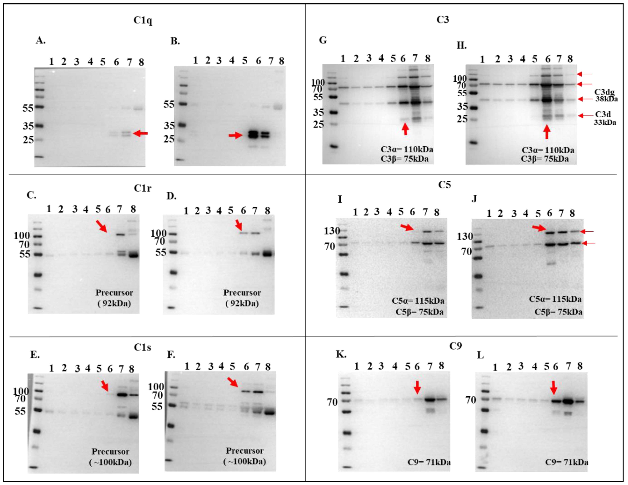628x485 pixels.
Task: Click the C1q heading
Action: click(143, 20)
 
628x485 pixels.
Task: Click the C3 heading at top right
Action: click(443, 20)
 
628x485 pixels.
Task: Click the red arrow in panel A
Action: click(141, 133)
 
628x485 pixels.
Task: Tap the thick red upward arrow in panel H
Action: click(547, 132)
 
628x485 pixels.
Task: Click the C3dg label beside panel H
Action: click(604, 92)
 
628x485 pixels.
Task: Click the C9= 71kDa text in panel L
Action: click(566, 462)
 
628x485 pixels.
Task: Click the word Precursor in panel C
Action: click(114, 293)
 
